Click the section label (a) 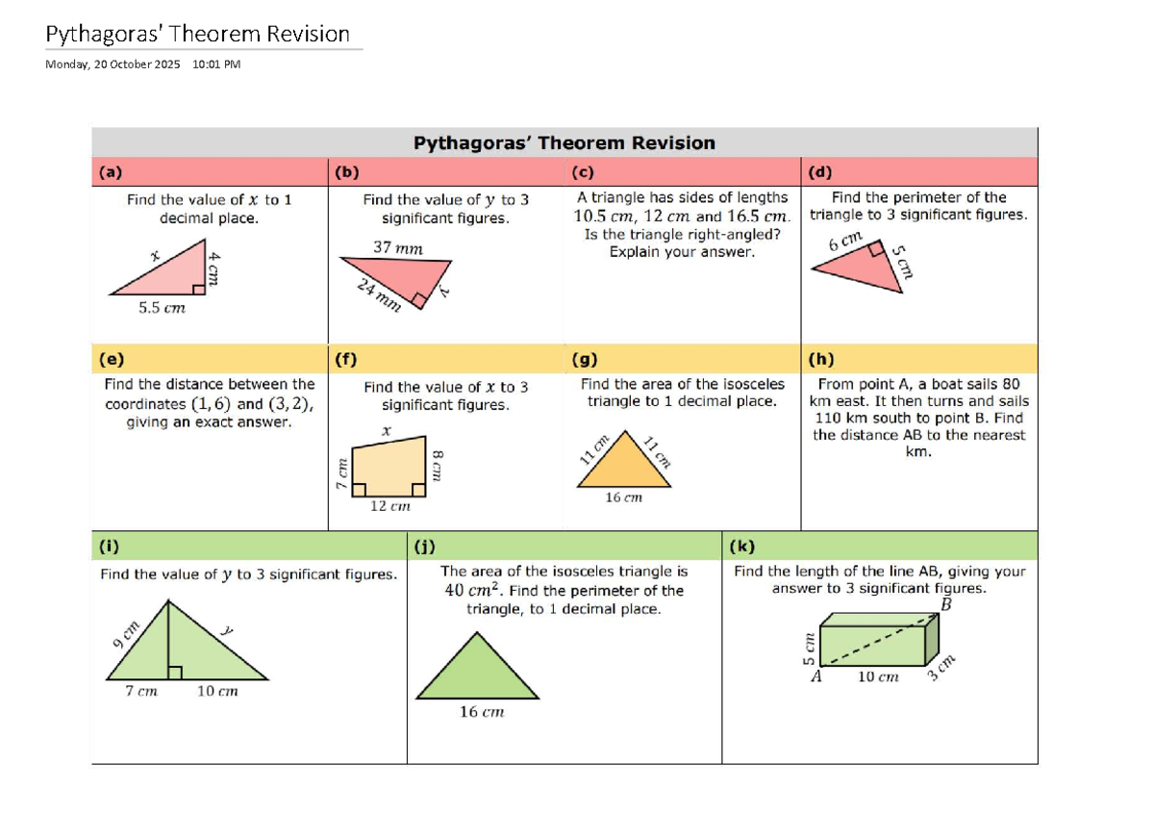111,173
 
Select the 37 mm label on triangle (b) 397,248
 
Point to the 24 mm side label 378,294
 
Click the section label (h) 821,359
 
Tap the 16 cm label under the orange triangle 623,497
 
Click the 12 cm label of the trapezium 390,506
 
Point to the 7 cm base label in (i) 141,691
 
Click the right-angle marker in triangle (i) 175,672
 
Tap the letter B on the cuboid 945,605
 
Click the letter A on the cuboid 816,676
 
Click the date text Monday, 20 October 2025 113,64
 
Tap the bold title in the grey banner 564,143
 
